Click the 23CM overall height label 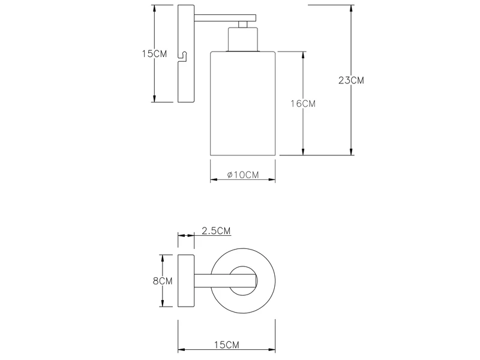(351, 80)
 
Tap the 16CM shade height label (303, 103)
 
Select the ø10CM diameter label (242, 175)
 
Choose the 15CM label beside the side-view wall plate (154, 53)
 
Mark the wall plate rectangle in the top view (185, 280)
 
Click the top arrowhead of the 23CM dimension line (351, 8)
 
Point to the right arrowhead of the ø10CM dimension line (272, 179)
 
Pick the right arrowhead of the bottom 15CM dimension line (272, 350)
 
